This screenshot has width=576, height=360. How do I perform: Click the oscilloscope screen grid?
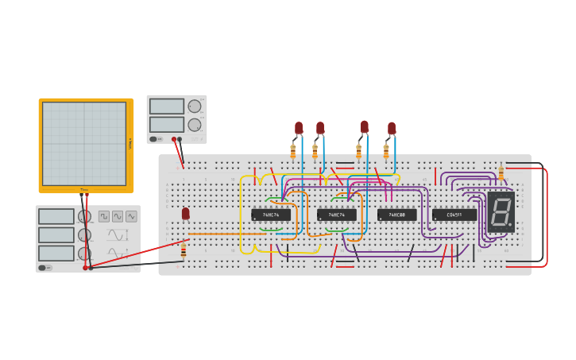[x=84, y=144]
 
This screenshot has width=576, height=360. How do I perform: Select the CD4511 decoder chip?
[x=454, y=215]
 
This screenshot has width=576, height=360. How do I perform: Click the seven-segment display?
[x=501, y=211]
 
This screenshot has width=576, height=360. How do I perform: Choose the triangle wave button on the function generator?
[x=118, y=216]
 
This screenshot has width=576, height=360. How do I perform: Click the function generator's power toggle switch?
[x=45, y=268]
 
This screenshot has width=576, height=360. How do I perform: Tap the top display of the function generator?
[x=56, y=216]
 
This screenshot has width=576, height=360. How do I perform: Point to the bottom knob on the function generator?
[x=84, y=254]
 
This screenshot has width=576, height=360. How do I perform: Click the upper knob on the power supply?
[x=195, y=106]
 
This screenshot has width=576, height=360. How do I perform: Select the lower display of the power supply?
[x=167, y=125]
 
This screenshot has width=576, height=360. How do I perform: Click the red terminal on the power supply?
[x=174, y=139]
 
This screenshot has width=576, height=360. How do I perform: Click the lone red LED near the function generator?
[x=186, y=213]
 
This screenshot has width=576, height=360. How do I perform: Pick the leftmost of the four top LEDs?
[x=299, y=127]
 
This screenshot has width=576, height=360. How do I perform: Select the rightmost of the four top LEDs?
[x=392, y=127]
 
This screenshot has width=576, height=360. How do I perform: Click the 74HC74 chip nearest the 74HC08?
[x=337, y=215]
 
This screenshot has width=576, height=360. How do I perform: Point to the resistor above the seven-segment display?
[x=501, y=172]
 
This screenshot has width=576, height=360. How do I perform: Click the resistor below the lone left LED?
[x=184, y=251]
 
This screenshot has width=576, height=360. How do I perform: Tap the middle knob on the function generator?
[x=84, y=235]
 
